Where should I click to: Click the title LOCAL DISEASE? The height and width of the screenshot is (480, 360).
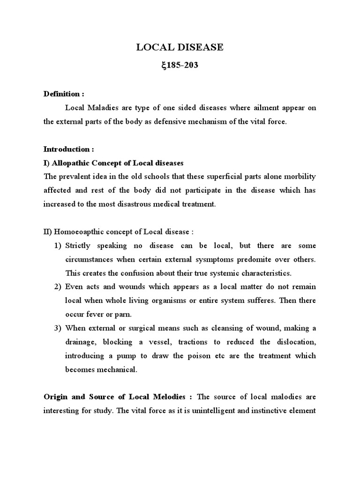180,47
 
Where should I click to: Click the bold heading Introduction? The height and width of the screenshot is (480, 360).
69,149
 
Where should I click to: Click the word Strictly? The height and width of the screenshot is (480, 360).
79,246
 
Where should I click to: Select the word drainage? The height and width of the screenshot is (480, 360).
82,342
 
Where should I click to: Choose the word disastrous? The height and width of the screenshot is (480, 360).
142,204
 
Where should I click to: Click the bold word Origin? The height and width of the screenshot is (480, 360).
56,397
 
